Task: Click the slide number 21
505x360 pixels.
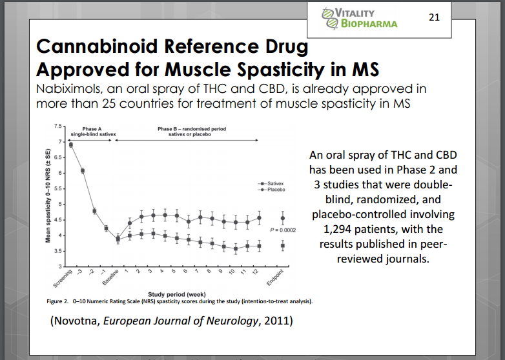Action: pyautogui.click(x=434, y=17)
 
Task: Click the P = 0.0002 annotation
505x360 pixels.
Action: pyautogui.click(x=283, y=230)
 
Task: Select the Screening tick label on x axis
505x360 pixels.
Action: pyautogui.click(x=62, y=279)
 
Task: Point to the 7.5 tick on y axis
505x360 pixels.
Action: pyautogui.click(x=57, y=126)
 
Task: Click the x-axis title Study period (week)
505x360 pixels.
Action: pyautogui.click(x=176, y=294)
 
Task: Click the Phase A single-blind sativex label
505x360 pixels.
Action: pyautogui.click(x=93, y=132)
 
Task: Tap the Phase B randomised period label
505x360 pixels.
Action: pyautogui.click(x=192, y=132)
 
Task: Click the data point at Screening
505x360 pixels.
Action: pyautogui.click(x=70, y=145)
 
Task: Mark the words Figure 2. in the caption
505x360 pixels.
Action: pyautogui.click(x=58, y=301)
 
